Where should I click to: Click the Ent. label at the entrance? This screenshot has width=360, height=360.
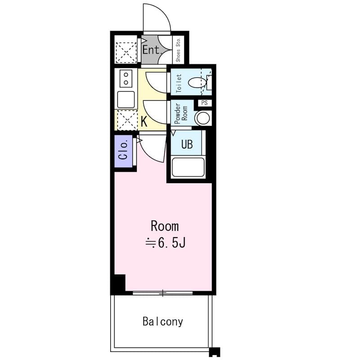152,49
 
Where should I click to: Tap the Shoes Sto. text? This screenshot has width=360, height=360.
178,49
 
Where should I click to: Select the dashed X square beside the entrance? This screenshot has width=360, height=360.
126,53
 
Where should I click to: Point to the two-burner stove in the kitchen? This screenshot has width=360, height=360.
126,79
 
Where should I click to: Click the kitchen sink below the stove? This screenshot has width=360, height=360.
126,99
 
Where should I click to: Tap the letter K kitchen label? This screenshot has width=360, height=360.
144,121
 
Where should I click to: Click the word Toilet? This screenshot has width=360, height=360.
179,83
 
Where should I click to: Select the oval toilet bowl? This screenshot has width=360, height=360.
197,83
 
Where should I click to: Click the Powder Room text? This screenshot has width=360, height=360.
180,114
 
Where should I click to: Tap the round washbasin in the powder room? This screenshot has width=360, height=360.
202,118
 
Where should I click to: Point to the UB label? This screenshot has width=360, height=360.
187,144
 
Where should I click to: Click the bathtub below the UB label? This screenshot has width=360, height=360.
189,167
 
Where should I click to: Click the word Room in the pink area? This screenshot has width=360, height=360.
164,225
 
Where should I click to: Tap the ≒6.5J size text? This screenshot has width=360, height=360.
165,243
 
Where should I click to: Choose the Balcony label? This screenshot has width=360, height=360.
163,321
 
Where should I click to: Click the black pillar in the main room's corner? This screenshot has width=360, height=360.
118,284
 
